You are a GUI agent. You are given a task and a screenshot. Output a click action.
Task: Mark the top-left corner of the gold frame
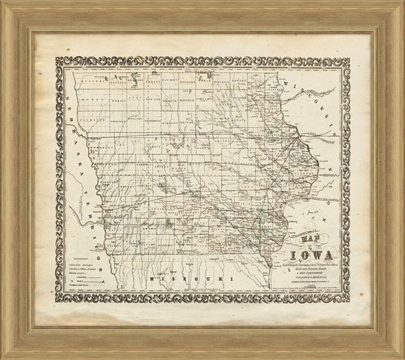[x=3, y=3]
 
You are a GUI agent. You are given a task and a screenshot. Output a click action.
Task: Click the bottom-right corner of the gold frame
[x=402, y=357]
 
